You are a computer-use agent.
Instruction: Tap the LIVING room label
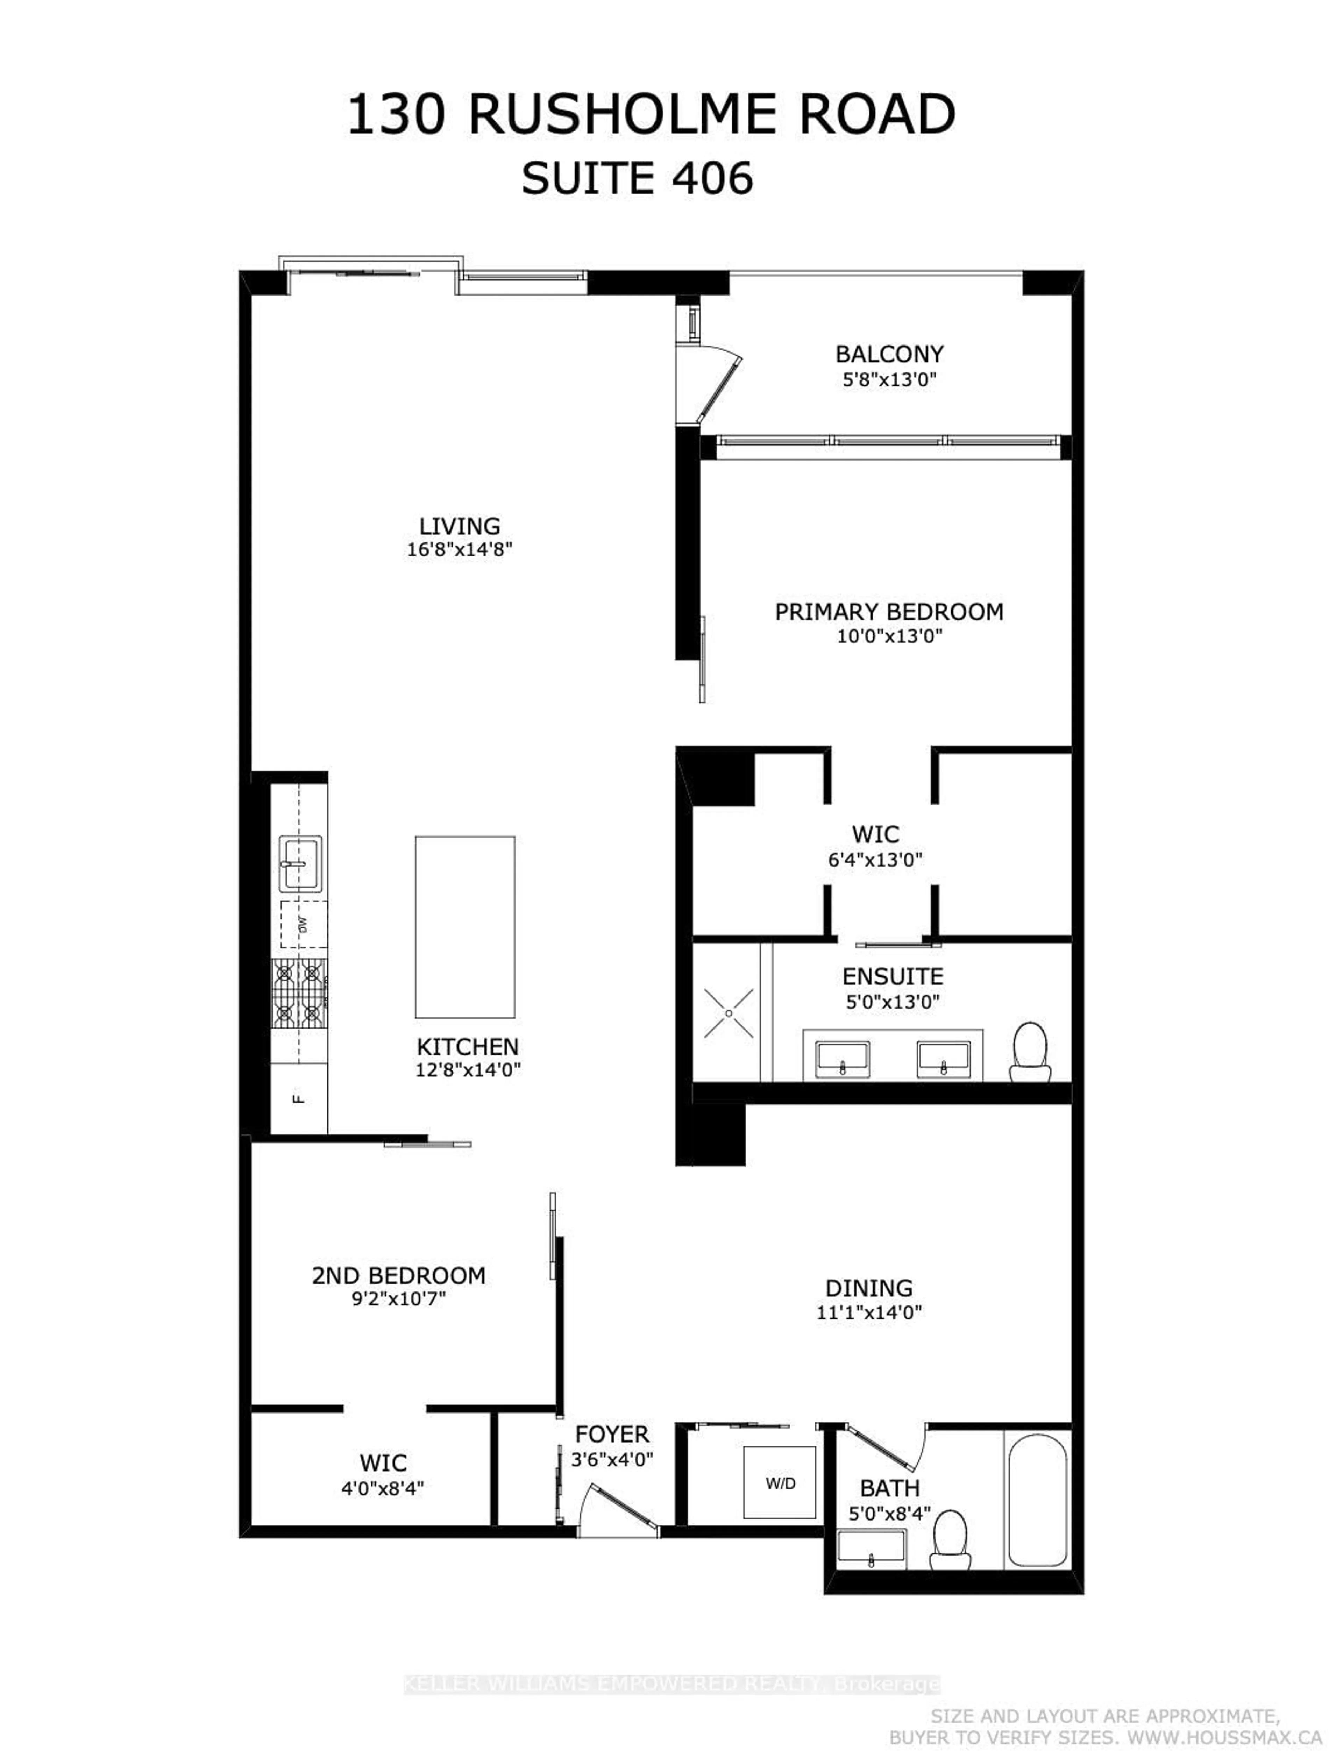tap(460, 526)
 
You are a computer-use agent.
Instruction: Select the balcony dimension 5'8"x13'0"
tap(889, 379)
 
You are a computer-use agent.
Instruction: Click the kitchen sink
tap(300, 863)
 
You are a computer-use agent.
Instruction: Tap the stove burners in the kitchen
tap(300, 994)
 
